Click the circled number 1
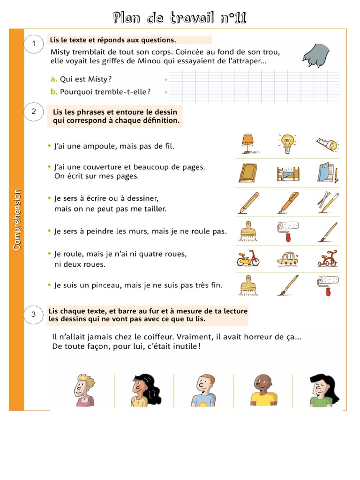(33, 44)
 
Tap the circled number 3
(33, 315)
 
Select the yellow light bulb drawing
(287, 144)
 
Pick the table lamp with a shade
(247, 143)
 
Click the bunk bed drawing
(287, 173)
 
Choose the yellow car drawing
(287, 258)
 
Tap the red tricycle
(327, 258)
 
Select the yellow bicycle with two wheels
(247, 258)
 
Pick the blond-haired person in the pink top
(84, 390)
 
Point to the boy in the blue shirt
(203, 390)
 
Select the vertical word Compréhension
(17, 219)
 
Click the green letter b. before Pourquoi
(54, 92)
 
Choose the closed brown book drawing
(247, 173)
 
